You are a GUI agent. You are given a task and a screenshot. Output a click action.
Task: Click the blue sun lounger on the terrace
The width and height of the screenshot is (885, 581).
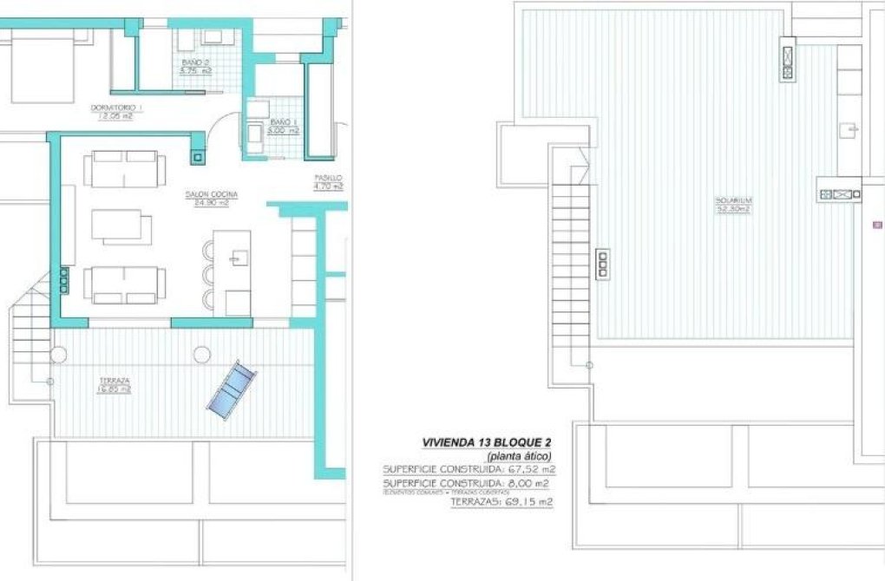pyautogui.click(x=232, y=389)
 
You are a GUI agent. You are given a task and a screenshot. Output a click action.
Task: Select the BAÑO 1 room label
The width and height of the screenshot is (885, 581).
pyautogui.click(x=285, y=127)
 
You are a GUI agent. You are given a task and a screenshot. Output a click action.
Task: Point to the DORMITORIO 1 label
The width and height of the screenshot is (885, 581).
pyautogui.click(x=116, y=111)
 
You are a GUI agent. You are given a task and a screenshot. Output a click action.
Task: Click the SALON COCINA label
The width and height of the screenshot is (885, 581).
pyautogui.click(x=211, y=198)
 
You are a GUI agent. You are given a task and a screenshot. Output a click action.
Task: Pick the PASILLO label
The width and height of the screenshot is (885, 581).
pyautogui.click(x=329, y=180)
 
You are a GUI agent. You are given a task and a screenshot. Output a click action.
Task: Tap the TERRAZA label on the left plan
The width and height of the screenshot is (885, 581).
pyautogui.click(x=115, y=385)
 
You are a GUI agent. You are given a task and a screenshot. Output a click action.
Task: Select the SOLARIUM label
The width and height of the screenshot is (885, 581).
pyautogui.click(x=732, y=205)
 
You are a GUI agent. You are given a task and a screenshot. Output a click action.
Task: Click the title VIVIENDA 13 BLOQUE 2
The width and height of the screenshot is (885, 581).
pyautogui.click(x=487, y=442)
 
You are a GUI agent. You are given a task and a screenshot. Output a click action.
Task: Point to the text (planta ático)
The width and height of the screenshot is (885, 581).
pyautogui.click(x=519, y=456)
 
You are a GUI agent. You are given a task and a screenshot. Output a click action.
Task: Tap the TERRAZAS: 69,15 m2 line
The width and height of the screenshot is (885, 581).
pyautogui.click(x=501, y=501)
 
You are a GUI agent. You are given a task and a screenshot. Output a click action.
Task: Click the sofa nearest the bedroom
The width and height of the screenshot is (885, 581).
pyautogui.click(x=121, y=167)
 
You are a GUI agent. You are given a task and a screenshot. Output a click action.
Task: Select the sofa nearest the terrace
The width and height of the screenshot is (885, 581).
pyautogui.click(x=125, y=284)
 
